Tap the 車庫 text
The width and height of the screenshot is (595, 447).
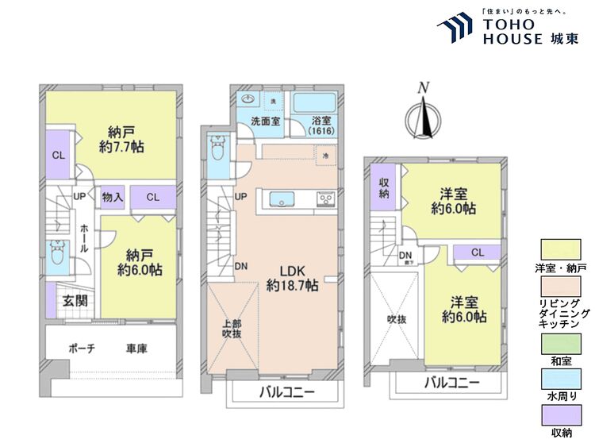136,349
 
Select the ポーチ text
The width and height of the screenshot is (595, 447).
83,349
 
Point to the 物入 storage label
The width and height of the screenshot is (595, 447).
113,196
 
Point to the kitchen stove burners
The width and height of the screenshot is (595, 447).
326,198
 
